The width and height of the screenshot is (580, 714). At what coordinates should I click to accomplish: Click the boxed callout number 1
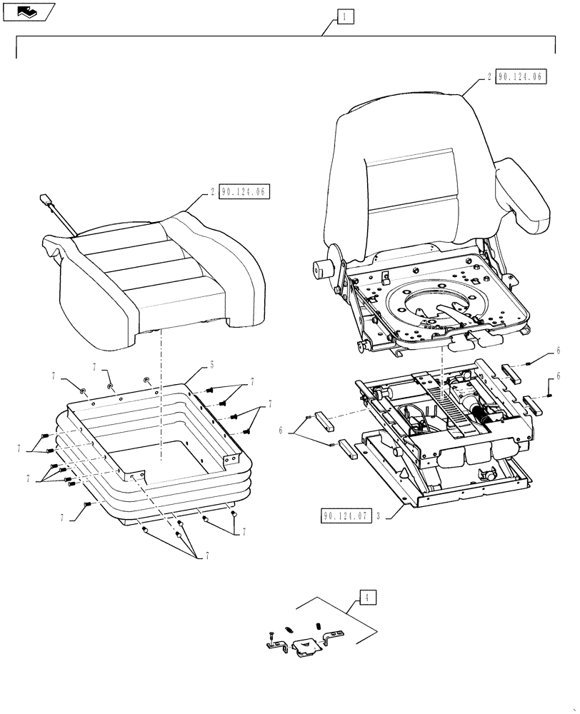point(345,16)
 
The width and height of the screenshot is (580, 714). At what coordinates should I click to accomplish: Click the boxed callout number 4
point(366,598)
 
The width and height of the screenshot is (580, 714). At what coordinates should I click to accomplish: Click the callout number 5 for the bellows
point(212,365)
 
